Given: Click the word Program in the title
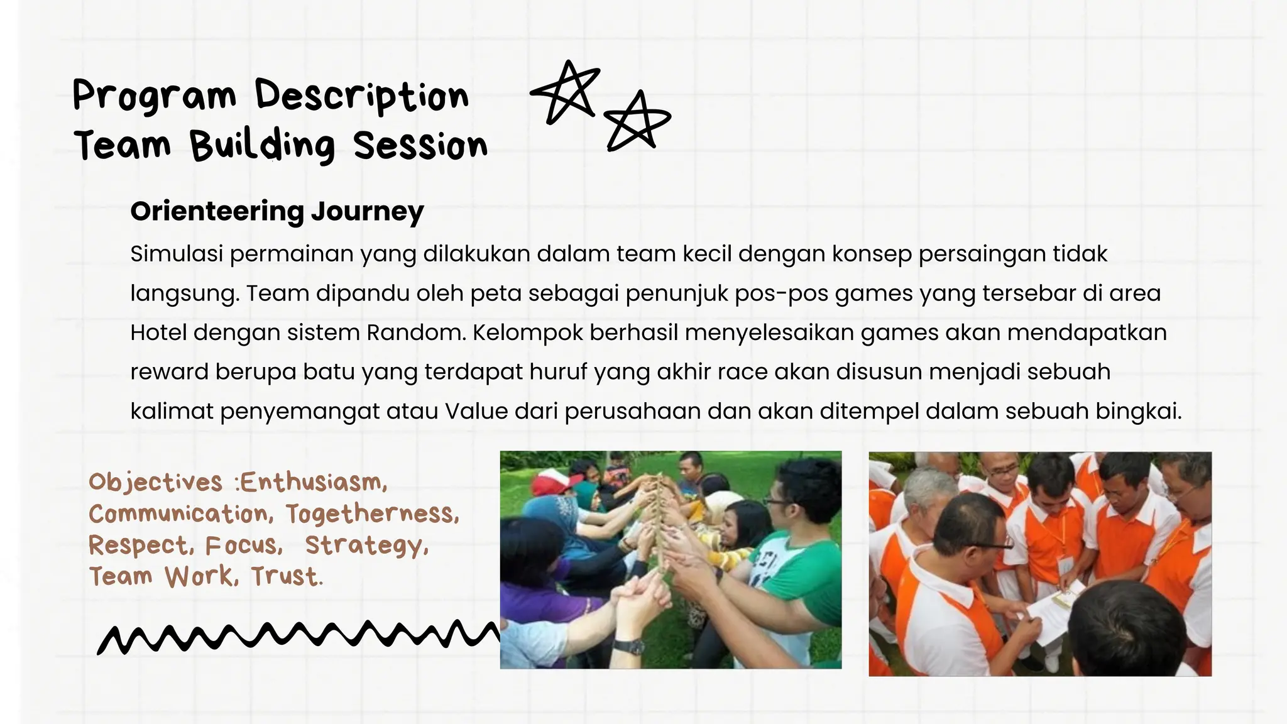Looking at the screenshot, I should [154, 96].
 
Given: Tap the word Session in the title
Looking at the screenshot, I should [420, 146].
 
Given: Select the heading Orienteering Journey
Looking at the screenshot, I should [277, 211].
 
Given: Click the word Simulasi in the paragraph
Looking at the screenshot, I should [177, 254].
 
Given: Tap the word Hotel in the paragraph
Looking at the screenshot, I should [158, 332].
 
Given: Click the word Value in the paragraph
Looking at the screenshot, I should [476, 411].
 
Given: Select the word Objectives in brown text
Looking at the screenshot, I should [155, 483].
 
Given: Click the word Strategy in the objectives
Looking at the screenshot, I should [366, 546].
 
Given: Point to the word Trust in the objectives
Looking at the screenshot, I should [287, 576].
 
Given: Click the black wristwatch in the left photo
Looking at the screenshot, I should [628, 646].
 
